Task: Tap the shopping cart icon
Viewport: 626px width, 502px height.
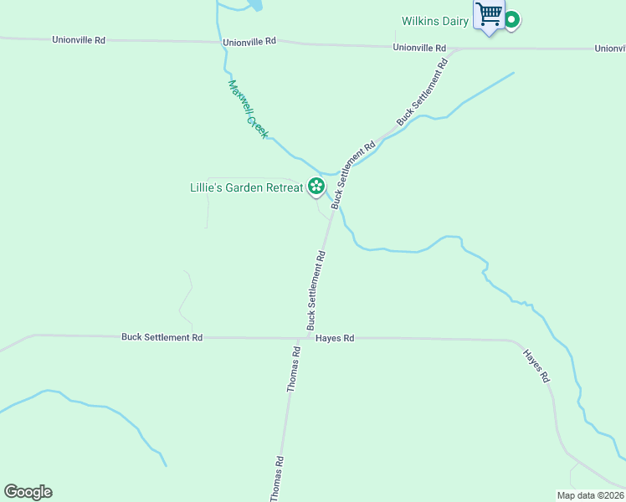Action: pyautogui.click(x=488, y=14)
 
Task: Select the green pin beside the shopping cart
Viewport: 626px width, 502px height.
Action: pyautogui.click(x=511, y=18)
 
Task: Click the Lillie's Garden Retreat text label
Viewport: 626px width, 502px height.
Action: pyautogui.click(x=246, y=187)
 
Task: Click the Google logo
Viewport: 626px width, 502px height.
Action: pyautogui.click(x=28, y=492)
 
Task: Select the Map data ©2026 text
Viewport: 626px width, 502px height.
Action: pyautogui.click(x=590, y=495)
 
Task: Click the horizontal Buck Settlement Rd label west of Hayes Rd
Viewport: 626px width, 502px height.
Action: pyautogui.click(x=162, y=337)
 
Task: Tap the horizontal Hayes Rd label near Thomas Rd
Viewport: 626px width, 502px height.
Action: pyautogui.click(x=335, y=338)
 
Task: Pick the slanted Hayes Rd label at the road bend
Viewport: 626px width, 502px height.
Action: pyautogui.click(x=536, y=366)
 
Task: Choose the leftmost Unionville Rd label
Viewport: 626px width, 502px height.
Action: pyautogui.click(x=78, y=39)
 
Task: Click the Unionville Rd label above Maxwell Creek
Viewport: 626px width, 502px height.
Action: pyautogui.click(x=249, y=42)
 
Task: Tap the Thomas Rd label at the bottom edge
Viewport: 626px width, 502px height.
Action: pyautogui.click(x=277, y=479)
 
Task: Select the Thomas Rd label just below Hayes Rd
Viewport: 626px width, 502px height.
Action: pyautogui.click(x=294, y=370)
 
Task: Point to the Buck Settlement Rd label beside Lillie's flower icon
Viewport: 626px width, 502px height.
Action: pyautogui.click(x=353, y=175)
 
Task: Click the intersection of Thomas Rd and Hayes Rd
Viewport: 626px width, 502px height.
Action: pyautogui.click(x=300, y=339)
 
